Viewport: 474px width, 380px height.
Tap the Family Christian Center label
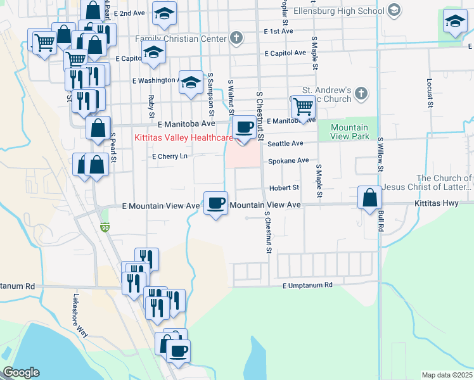pos(181,39)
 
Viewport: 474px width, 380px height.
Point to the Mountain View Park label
pos(350,132)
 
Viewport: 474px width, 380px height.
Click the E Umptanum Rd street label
pos(307,285)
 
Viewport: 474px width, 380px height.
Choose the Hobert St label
pos(283,187)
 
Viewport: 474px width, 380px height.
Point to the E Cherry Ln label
pos(170,156)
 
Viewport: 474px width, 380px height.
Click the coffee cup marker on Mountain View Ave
pos(217,203)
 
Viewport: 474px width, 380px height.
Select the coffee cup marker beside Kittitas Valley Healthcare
pos(245,127)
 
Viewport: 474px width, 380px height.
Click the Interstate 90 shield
pos(105,226)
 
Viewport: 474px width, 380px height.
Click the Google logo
pos(21,372)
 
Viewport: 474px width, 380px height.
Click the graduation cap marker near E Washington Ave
pos(190,82)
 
